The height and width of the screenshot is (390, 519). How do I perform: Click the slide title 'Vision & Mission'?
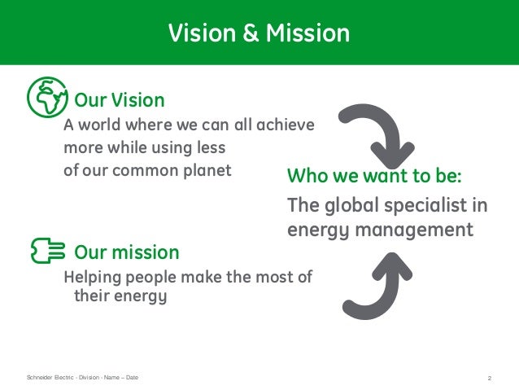pos(259,33)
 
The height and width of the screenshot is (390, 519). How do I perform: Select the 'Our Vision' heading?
pos(120,100)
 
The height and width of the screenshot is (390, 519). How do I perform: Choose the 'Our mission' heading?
pos(126,250)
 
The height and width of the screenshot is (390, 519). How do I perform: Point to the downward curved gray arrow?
pos(377,132)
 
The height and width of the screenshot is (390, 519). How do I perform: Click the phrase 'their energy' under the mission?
pos(120,296)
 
